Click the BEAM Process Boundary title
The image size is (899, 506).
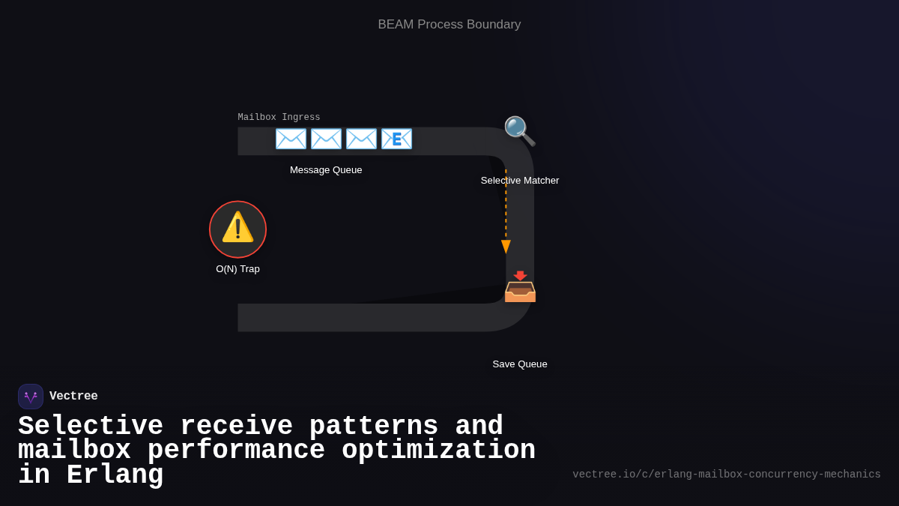point(449,25)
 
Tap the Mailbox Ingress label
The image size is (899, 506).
point(279,118)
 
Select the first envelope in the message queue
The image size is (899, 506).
point(291,139)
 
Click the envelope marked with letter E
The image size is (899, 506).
point(396,139)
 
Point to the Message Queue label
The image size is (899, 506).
point(326,170)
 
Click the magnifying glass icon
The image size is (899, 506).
point(519,131)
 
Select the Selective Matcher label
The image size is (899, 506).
point(520,181)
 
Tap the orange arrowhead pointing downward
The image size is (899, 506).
point(506,247)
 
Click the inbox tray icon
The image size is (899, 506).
point(520,287)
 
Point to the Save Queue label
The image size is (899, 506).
point(520,364)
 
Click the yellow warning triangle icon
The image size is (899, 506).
point(237,227)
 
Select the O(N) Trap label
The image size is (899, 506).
point(237,269)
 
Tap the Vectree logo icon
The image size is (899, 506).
point(31,397)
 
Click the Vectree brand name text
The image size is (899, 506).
point(73,397)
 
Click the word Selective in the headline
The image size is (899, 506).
point(91,427)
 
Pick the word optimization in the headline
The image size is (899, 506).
point(438,451)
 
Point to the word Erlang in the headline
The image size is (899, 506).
point(115,475)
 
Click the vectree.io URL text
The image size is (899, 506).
point(726,475)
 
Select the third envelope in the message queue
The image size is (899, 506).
point(361,139)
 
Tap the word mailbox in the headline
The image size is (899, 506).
point(74,451)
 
